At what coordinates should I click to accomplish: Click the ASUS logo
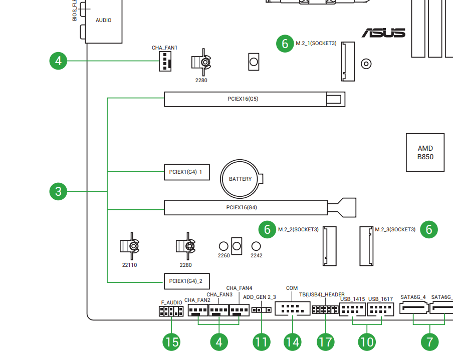click(383, 33)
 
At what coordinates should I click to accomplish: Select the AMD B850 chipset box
click(425, 152)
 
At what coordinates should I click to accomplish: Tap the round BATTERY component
click(240, 179)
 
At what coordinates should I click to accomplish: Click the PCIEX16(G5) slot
click(255, 99)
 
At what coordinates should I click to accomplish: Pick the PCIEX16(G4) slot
click(246, 207)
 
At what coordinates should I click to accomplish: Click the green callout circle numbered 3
click(59, 191)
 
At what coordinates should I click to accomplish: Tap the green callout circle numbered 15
click(172, 342)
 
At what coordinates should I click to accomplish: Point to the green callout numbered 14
click(292, 342)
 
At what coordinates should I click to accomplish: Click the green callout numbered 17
click(325, 342)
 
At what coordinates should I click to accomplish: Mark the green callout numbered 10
click(367, 342)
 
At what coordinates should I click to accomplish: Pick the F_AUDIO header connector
click(170, 311)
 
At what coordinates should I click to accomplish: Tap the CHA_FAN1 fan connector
click(164, 62)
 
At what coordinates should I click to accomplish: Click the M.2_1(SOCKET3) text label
click(316, 44)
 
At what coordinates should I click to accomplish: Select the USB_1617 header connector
click(381, 310)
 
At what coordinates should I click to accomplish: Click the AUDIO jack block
click(104, 21)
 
